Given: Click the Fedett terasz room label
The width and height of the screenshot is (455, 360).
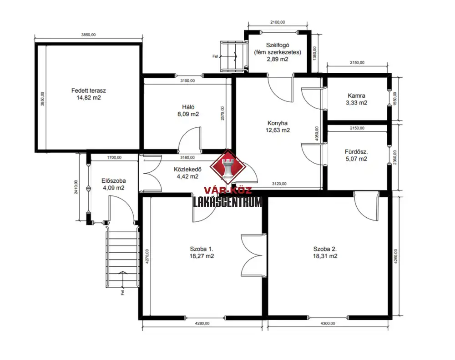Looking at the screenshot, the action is pyautogui.click(x=89, y=94).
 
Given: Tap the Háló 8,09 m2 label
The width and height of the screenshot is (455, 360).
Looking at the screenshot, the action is pyautogui.click(x=188, y=110).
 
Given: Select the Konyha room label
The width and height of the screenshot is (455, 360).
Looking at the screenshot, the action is pyautogui.click(x=278, y=126).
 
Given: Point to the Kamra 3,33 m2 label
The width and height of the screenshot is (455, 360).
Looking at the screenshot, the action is pyautogui.click(x=356, y=99).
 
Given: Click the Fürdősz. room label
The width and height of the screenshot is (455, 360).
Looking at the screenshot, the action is pyautogui.click(x=356, y=155).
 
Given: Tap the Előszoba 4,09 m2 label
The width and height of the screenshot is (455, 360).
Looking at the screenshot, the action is pyautogui.click(x=113, y=184).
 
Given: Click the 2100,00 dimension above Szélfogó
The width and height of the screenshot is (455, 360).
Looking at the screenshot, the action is pyautogui.click(x=278, y=22).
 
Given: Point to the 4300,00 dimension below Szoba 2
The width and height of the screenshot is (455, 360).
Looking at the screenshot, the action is pyautogui.click(x=328, y=323).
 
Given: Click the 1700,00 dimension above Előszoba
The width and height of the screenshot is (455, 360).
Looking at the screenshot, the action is pyautogui.click(x=114, y=157).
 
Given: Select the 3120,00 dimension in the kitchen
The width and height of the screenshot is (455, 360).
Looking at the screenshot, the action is pyautogui.click(x=279, y=184).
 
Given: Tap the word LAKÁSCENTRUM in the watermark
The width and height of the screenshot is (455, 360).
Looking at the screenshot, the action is pyautogui.click(x=228, y=202).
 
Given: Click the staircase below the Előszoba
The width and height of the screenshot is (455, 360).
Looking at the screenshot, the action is pyautogui.click(x=122, y=257).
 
